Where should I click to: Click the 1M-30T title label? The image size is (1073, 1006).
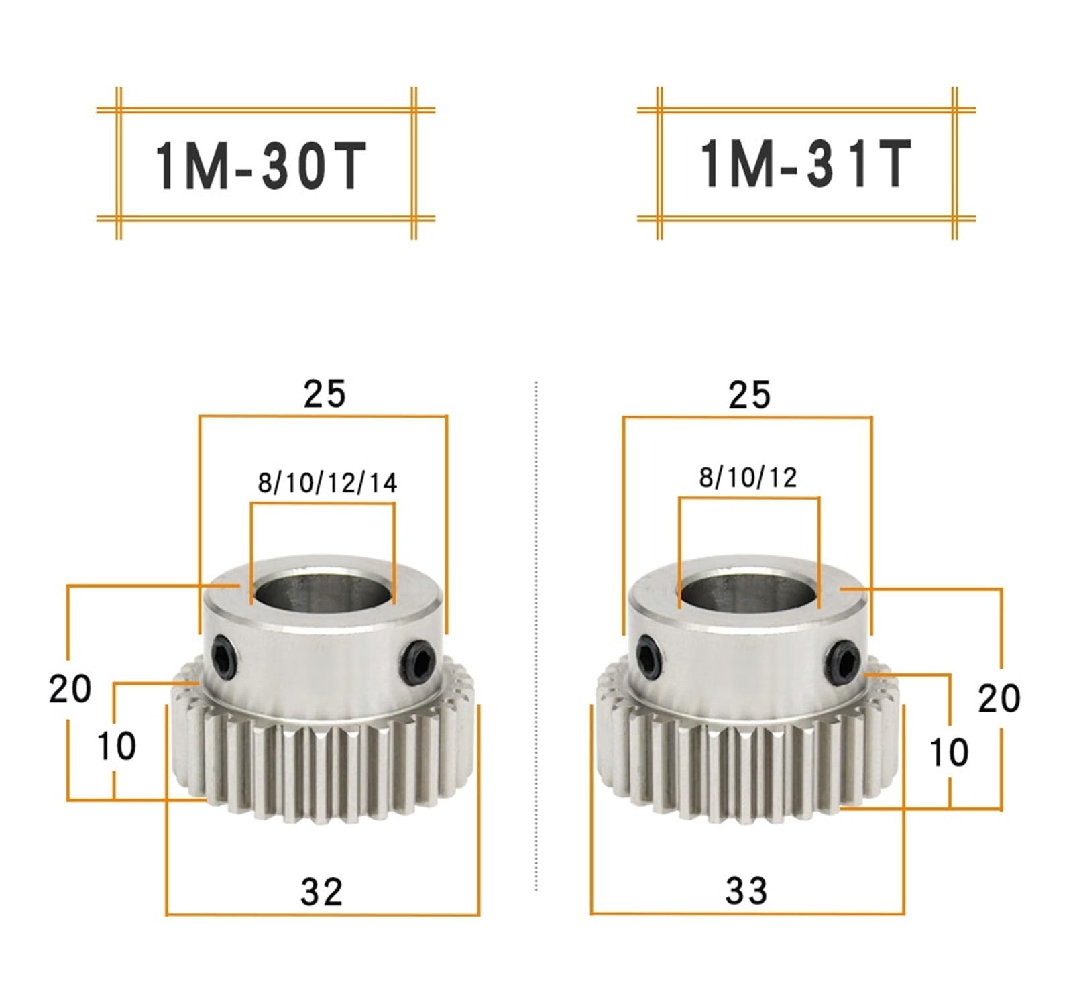[x=262, y=166]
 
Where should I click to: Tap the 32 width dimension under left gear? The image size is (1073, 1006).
[x=321, y=891]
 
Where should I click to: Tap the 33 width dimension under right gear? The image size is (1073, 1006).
[x=746, y=891]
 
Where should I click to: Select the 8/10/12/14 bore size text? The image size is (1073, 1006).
[x=327, y=483]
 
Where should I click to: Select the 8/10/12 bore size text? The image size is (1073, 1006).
[x=748, y=478]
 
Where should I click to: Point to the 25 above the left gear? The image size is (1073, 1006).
[x=324, y=394]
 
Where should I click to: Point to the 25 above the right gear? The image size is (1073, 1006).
[x=749, y=396]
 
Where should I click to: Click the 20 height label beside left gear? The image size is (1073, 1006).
[x=70, y=689]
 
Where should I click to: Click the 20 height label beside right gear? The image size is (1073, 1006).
[x=999, y=698]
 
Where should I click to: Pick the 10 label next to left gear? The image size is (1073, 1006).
[x=116, y=746]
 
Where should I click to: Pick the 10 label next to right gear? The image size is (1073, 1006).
[x=948, y=752]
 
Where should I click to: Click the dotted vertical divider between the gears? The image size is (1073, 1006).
[x=536, y=637]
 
